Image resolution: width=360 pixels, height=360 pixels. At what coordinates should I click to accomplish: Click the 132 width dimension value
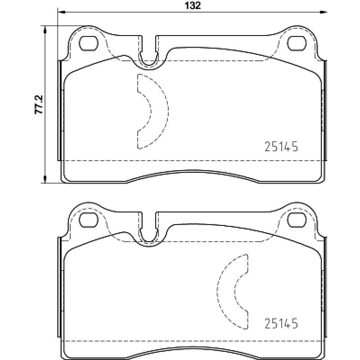coord(191,5)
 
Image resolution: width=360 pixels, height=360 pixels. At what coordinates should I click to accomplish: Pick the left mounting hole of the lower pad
coord(89,220)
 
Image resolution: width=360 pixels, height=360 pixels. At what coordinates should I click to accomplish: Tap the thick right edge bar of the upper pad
coord(325,110)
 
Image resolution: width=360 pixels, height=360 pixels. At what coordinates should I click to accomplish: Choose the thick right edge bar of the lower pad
coord(325,288)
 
